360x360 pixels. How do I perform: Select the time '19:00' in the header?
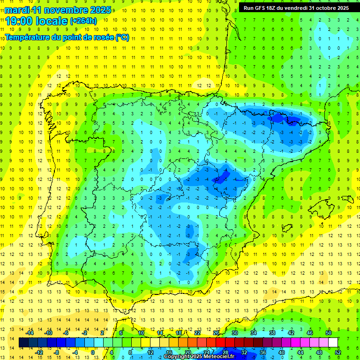(19, 21)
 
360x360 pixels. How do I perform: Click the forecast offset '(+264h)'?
(83, 21)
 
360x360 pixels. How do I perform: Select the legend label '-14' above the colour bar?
(30, 333)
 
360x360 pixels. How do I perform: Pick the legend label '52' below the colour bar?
(337, 352)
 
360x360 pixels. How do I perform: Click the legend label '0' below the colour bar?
(93, 352)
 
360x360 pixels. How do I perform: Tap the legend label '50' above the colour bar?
(328, 333)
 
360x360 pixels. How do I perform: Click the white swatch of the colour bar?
(333, 343)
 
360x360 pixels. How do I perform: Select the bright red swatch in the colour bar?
(220, 343)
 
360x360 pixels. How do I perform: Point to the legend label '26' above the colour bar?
(216, 333)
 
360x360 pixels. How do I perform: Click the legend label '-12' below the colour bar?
(39, 352)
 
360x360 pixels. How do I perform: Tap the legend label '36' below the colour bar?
(262, 352)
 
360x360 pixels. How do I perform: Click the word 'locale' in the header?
(52, 21)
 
